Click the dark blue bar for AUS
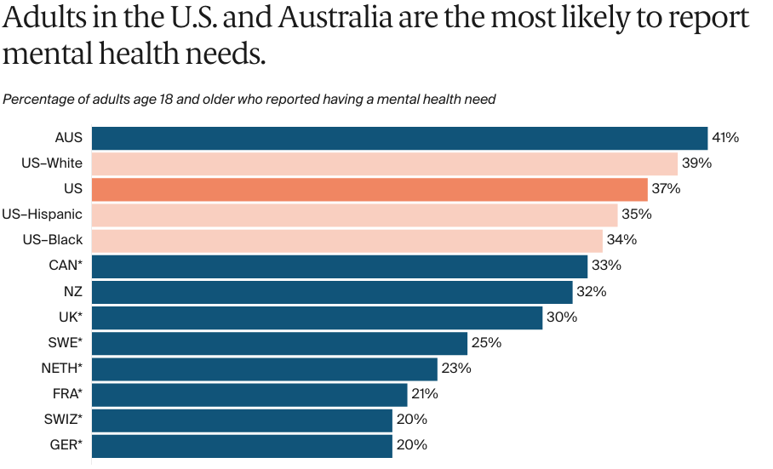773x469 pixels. (x=399, y=138)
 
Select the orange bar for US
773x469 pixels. (x=369, y=189)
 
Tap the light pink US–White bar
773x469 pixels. (x=384, y=163)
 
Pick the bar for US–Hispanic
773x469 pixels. (x=354, y=214)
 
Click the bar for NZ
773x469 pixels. (x=332, y=292)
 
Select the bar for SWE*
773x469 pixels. (x=279, y=343)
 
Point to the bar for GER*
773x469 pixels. (x=242, y=445)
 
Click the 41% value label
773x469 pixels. (x=725, y=138)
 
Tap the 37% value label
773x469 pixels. (x=666, y=189)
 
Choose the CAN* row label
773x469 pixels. (x=66, y=266)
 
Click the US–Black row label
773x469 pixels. (x=53, y=240)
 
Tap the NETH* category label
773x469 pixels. (x=62, y=369)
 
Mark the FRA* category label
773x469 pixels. (x=67, y=394)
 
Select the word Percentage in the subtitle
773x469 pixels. (x=37, y=100)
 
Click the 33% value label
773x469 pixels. (x=606, y=266)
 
